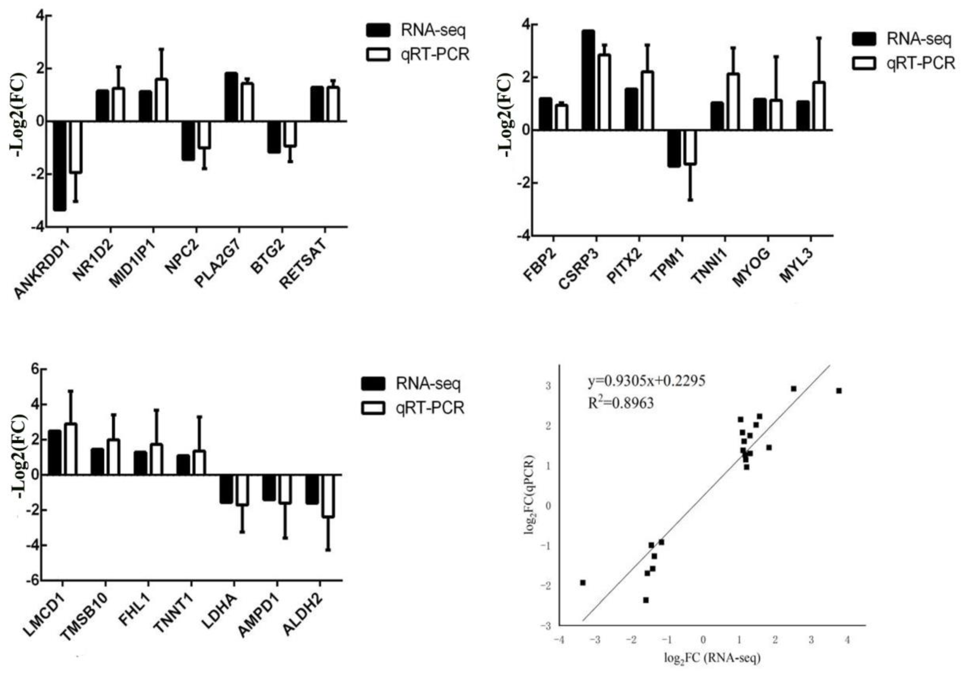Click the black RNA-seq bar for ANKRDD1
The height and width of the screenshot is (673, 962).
(59, 166)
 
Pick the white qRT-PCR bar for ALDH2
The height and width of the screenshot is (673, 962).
(328, 496)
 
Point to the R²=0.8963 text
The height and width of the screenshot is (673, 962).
(621, 403)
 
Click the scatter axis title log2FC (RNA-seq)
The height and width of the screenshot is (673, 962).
(712, 658)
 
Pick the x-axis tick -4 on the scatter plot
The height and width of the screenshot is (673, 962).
(558, 640)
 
